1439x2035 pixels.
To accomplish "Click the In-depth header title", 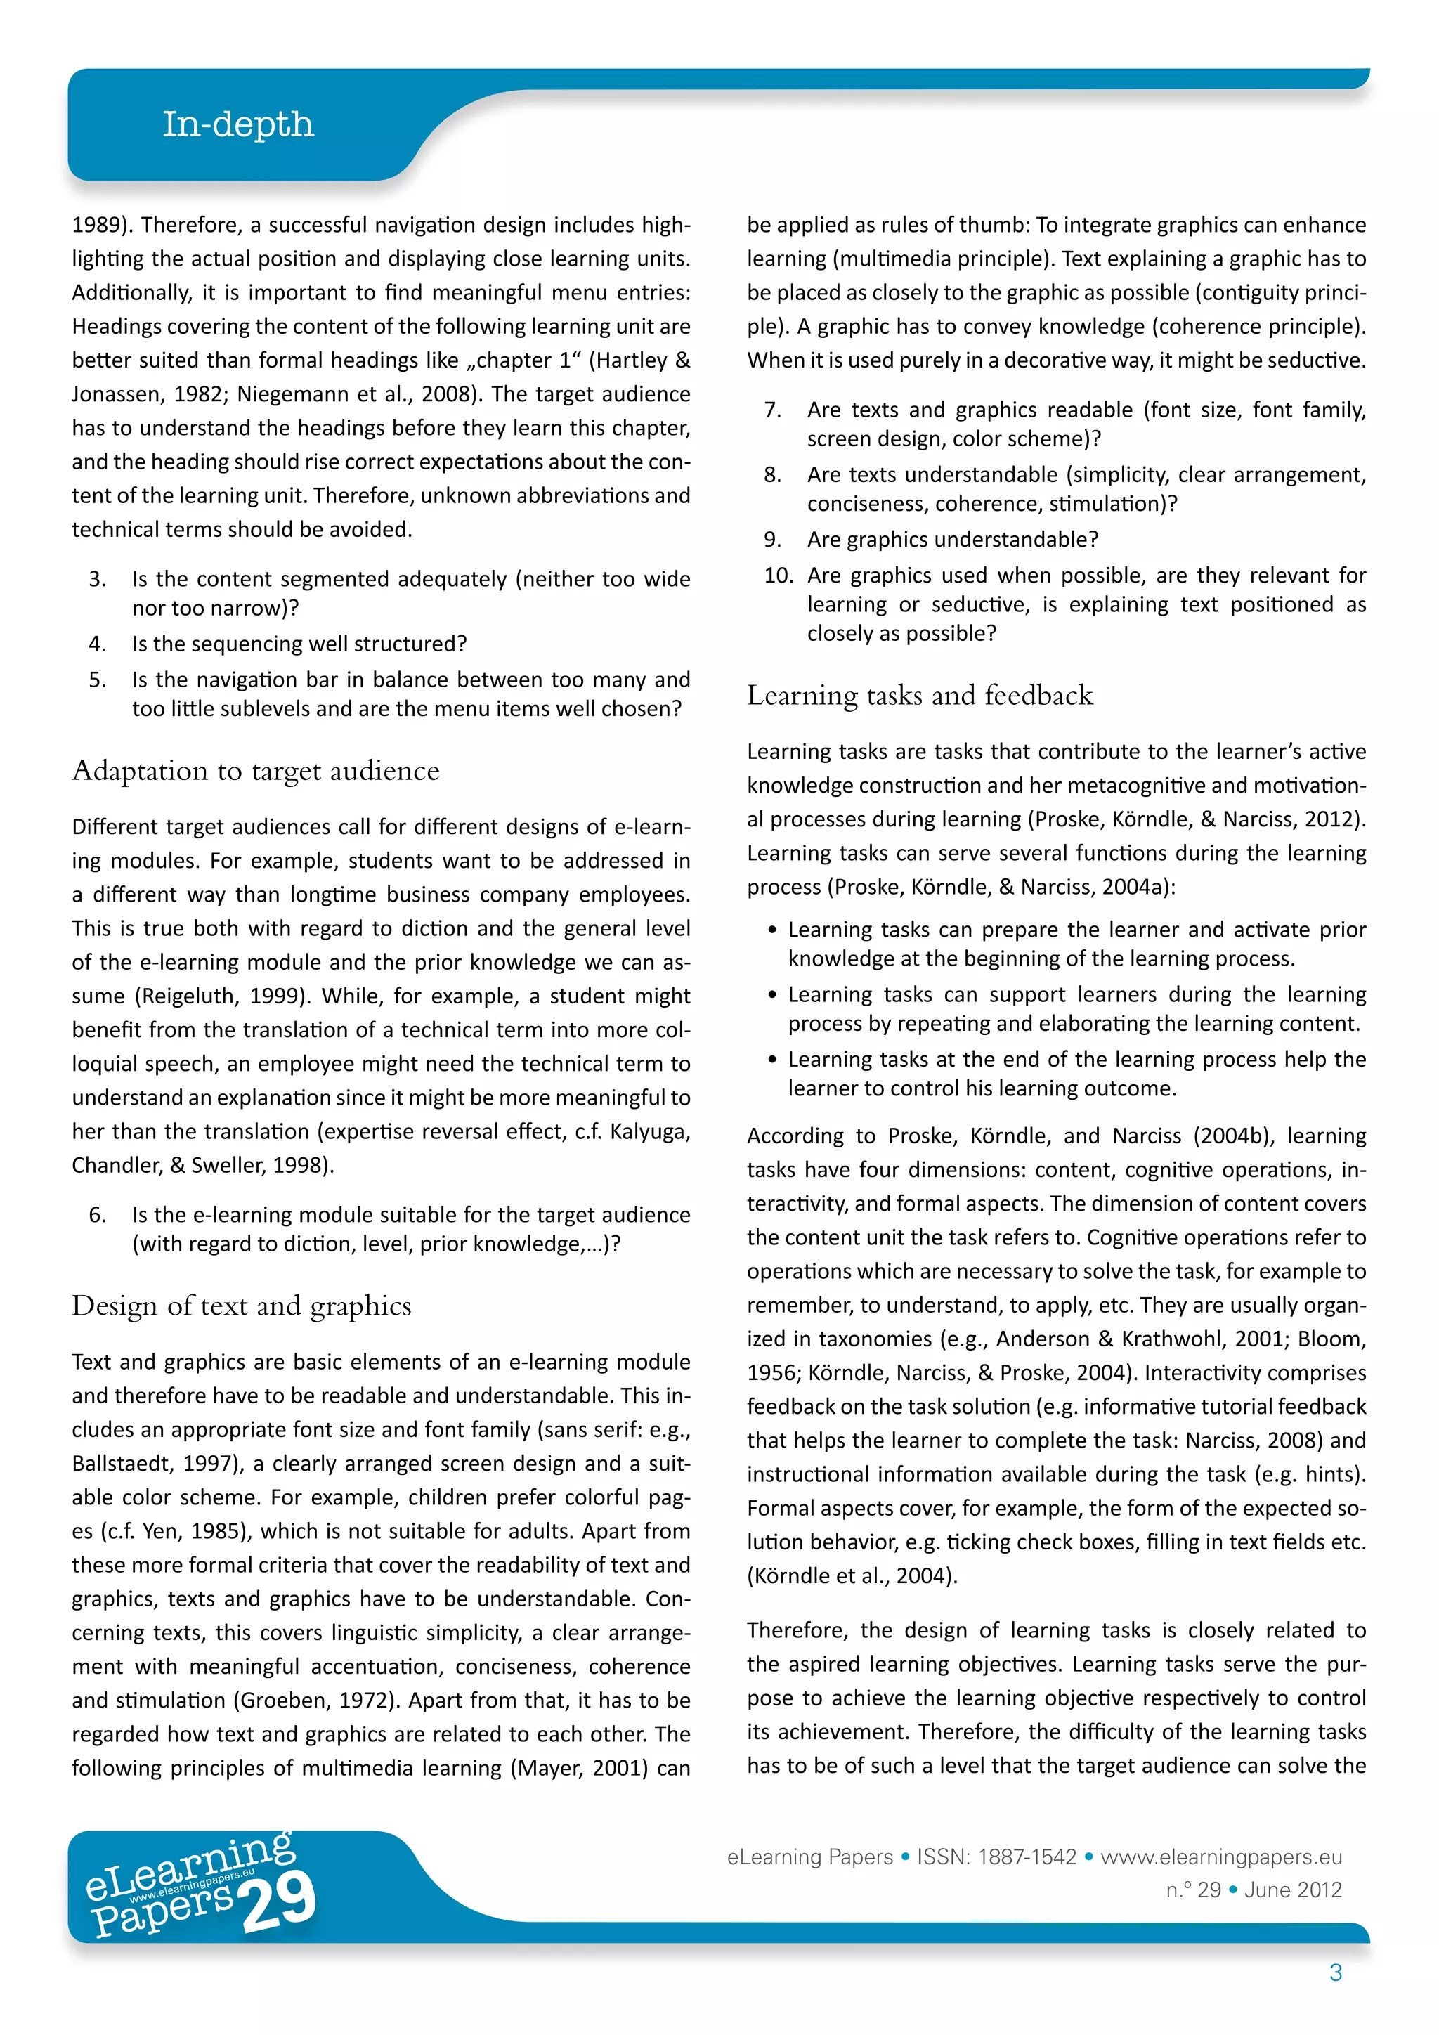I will [x=237, y=124].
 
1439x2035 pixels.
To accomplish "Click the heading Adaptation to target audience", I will [x=255, y=771].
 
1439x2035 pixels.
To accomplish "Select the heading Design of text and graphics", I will [x=241, y=1306].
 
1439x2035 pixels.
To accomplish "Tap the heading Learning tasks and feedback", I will [x=919, y=695].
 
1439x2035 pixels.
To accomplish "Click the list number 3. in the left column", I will [x=98, y=579].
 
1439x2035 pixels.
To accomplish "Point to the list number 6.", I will [x=98, y=1214].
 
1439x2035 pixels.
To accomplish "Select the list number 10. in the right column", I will [x=778, y=576].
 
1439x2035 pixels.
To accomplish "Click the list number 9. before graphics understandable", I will [x=773, y=539].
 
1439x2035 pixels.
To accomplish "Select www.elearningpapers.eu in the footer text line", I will [x=1220, y=1857].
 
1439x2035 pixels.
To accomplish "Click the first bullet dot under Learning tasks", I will [x=773, y=930].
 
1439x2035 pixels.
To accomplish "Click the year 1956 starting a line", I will [x=771, y=1373].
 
